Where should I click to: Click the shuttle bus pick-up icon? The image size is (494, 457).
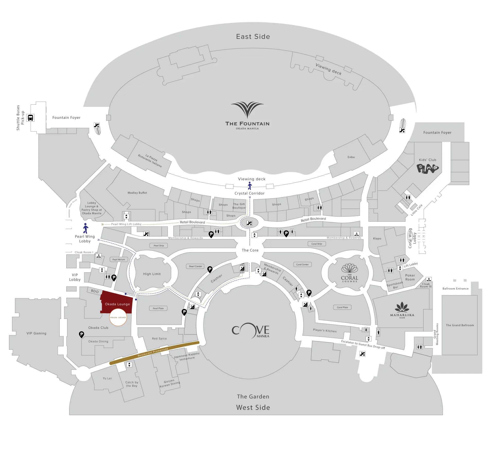click(x=30, y=118)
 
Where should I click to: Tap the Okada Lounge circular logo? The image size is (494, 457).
click(x=118, y=317)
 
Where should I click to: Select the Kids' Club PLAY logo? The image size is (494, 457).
click(x=427, y=169)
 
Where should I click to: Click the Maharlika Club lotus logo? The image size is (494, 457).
click(x=402, y=307)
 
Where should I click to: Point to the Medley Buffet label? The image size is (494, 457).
click(x=137, y=193)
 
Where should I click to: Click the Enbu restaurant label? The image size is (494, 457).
click(x=351, y=157)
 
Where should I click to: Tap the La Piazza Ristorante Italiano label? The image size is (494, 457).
click(x=150, y=161)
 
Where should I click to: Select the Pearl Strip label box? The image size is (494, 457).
click(x=159, y=246)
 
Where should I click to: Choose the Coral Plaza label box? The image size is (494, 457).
click(x=342, y=307)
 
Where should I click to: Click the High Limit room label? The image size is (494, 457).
click(x=152, y=274)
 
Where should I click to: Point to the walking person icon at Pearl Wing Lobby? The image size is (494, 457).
click(x=86, y=228)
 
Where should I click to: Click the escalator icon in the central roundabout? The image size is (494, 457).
click(x=249, y=223)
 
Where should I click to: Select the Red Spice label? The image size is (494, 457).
click(x=159, y=339)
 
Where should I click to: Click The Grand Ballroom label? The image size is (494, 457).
click(x=460, y=325)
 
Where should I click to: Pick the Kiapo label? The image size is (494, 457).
click(x=377, y=239)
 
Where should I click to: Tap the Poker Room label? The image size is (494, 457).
click(x=410, y=277)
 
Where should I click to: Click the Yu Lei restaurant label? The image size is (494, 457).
click(x=107, y=378)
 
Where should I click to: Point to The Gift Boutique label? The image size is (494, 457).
click(x=239, y=206)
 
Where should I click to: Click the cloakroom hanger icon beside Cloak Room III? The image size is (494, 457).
click(x=429, y=279)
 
